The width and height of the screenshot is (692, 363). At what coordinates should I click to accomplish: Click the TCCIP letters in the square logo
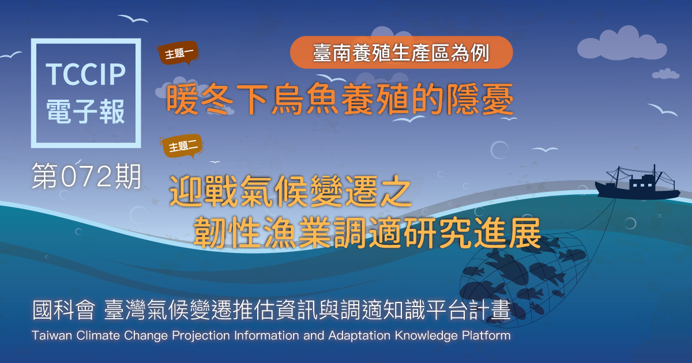tap(86, 74)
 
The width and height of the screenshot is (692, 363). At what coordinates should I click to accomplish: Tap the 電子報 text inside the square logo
tap(85, 111)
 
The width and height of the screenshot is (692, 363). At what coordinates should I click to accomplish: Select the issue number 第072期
tap(86, 176)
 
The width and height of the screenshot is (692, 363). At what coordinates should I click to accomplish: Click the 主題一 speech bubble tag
tap(179, 53)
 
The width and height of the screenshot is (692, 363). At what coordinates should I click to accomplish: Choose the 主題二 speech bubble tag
tap(183, 146)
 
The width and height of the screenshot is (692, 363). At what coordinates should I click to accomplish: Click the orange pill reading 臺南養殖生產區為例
tap(401, 52)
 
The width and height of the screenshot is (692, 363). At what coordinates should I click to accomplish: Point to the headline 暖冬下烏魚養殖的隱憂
tap(340, 99)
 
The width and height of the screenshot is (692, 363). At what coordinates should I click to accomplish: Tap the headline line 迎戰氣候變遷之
tap(291, 191)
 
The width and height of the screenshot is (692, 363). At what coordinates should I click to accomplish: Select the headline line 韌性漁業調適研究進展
tap(367, 232)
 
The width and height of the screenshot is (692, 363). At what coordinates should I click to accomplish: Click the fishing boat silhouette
tap(638, 184)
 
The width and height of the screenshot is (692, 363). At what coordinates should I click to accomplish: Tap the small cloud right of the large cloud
tap(665, 74)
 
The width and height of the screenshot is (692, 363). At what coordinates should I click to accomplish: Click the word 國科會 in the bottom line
tap(63, 309)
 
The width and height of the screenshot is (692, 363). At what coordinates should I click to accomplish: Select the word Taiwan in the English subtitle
tap(52, 335)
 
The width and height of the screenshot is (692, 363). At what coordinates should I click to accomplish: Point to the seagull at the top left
tap(133, 18)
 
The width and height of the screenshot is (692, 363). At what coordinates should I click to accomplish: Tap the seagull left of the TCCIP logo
tap(11, 55)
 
